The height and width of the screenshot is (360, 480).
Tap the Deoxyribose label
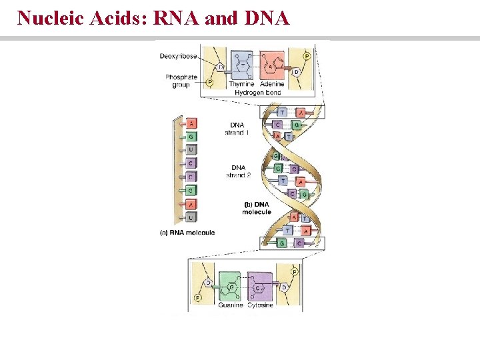tap(178, 56)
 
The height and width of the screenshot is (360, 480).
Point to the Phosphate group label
tap(181, 81)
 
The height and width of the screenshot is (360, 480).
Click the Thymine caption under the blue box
tap(241, 85)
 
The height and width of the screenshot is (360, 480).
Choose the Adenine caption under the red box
tap(272, 85)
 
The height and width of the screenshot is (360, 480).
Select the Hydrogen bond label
tap(257, 93)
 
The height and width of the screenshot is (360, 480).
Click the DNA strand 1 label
tap(237, 128)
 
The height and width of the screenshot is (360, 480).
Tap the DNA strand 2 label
tap(237, 171)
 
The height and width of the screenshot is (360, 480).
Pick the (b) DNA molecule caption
tap(256, 207)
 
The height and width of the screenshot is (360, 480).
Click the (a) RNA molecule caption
tap(187, 233)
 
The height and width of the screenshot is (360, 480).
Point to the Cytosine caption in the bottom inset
tap(260, 306)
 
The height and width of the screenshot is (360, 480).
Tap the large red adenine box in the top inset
tap(271, 65)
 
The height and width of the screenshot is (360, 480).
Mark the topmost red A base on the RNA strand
tap(191, 123)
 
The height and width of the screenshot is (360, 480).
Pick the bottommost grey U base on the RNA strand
tap(191, 217)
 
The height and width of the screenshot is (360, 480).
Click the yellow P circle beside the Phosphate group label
tap(209, 82)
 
